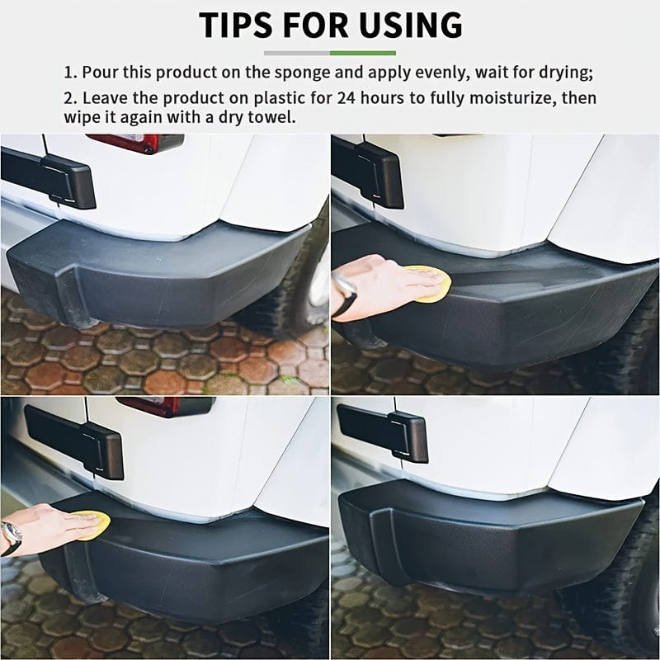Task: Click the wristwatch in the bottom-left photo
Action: click(11, 537)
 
